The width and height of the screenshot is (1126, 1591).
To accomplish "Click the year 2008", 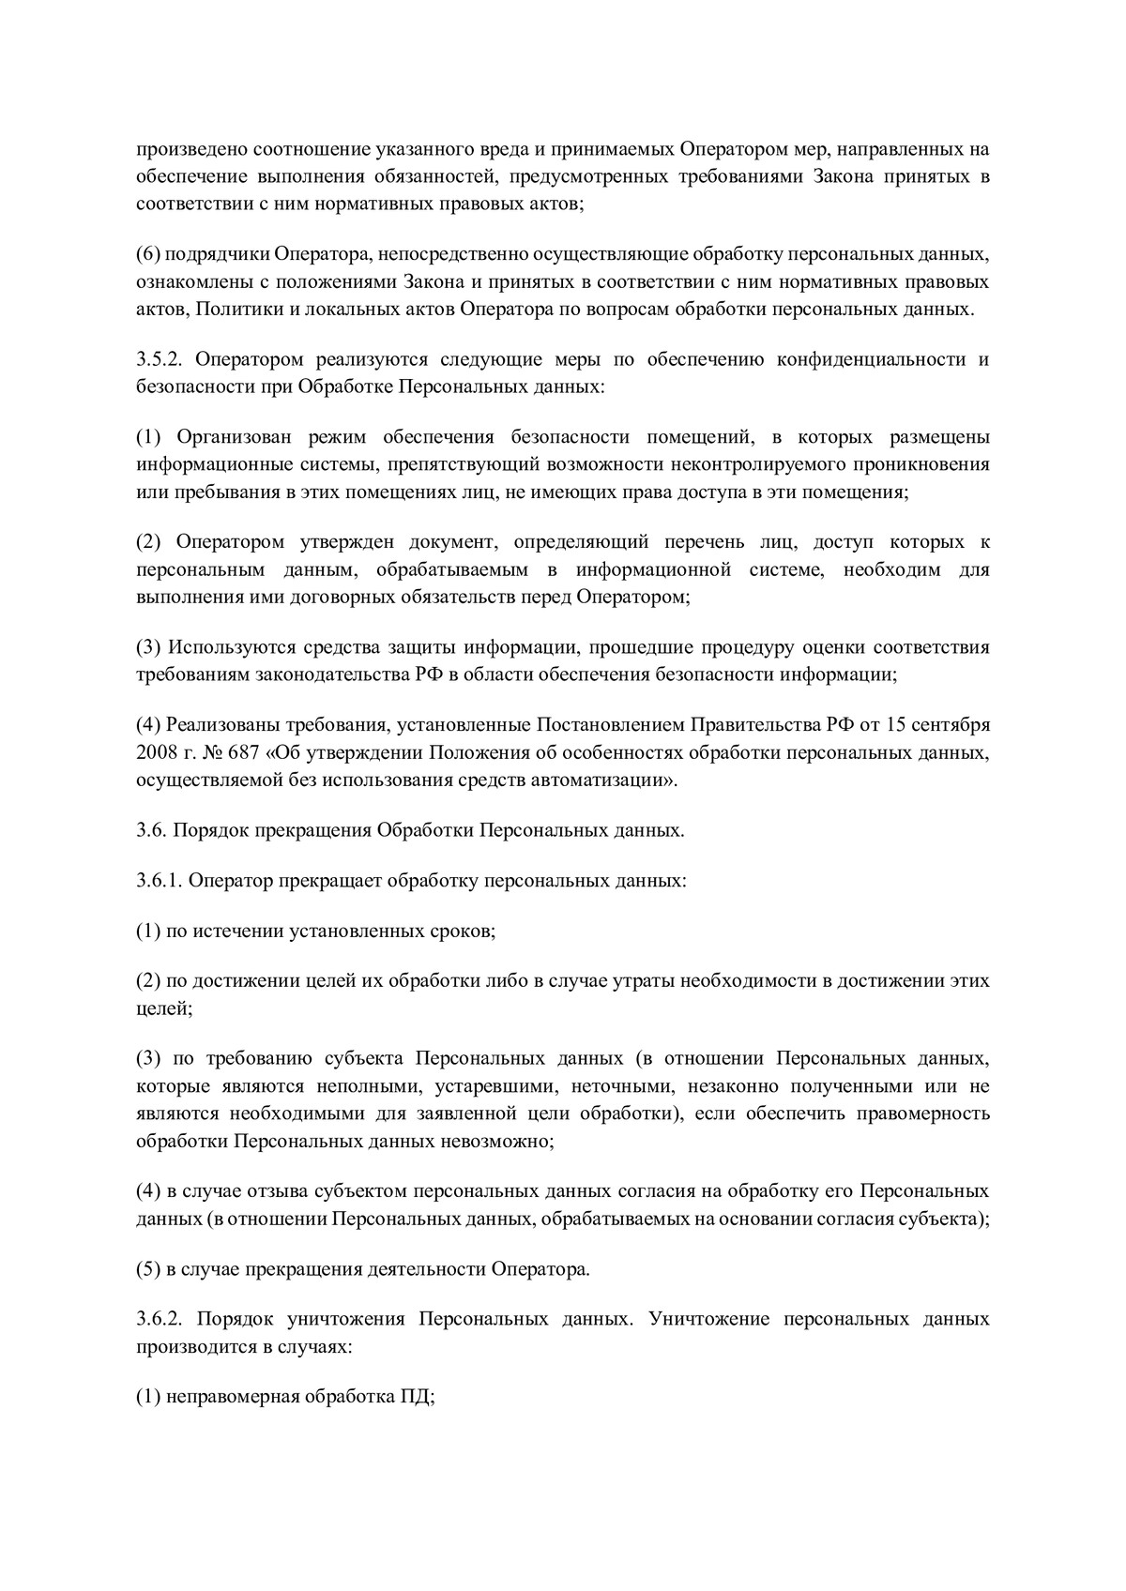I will click(x=155, y=752).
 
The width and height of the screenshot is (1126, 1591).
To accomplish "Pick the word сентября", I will click(x=950, y=725).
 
